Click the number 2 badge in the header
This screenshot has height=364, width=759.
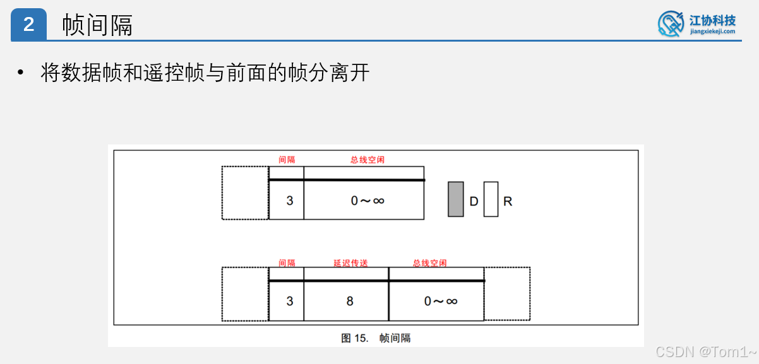click(x=29, y=25)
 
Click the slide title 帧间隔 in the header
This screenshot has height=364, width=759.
click(x=97, y=25)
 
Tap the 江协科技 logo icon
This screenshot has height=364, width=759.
click(x=671, y=23)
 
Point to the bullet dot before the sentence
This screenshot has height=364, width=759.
click(x=21, y=73)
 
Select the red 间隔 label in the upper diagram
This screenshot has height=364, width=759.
click(x=287, y=160)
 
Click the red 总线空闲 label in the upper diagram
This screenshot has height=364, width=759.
click(x=368, y=160)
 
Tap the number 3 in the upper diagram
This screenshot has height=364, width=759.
click(x=289, y=201)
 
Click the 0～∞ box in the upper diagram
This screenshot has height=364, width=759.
click(x=368, y=201)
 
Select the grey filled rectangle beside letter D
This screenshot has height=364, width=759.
click(x=455, y=199)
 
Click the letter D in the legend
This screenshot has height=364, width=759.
click(x=474, y=201)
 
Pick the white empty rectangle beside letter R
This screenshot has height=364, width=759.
click(x=491, y=199)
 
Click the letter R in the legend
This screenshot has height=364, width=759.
click(x=508, y=201)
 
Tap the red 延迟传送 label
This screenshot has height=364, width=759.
click(x=350, y=263)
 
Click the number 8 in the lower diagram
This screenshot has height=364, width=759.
click(x=350, y=301)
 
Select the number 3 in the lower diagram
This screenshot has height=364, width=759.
click(x=289, y=301)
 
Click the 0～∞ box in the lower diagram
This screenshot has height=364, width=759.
click(x=440, y=301)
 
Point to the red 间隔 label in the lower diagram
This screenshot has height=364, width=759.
click(x=287, y=263)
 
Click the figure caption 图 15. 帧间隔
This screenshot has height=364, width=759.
click(x=376, y=338)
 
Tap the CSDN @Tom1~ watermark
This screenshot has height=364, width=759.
click(x=705, y=351)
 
